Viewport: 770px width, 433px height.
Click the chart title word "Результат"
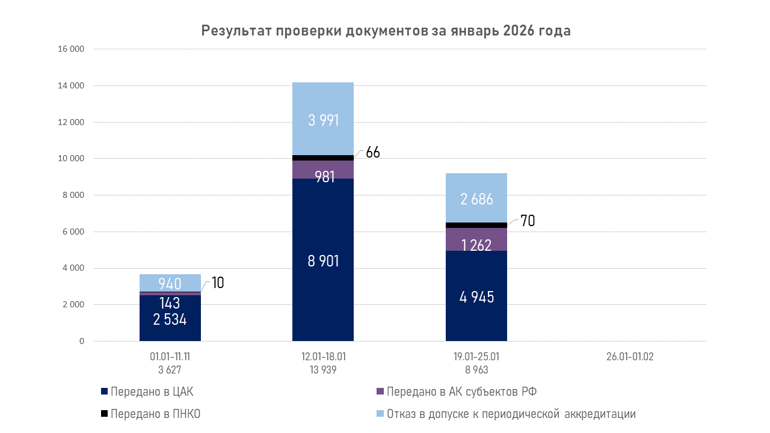click(x=236, y=31)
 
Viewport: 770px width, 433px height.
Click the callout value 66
click(x=373, y=153)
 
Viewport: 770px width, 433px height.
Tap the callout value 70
click(x=528, y=221)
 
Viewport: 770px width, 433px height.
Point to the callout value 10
click(x=218, y=283)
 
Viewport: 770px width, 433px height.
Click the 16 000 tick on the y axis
click(x=71, y=49)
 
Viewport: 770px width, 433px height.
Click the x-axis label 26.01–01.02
click(x=630, y=357)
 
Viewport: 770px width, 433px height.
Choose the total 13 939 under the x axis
click(x=323, y=370)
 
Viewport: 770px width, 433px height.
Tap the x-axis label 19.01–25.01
click(x=476, y=357)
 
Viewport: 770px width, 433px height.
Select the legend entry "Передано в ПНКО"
click(x=155, y=414)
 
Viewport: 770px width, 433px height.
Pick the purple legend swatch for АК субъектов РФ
click(x=380, y=392)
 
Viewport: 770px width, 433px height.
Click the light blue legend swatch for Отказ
click(x=380, y=414)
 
